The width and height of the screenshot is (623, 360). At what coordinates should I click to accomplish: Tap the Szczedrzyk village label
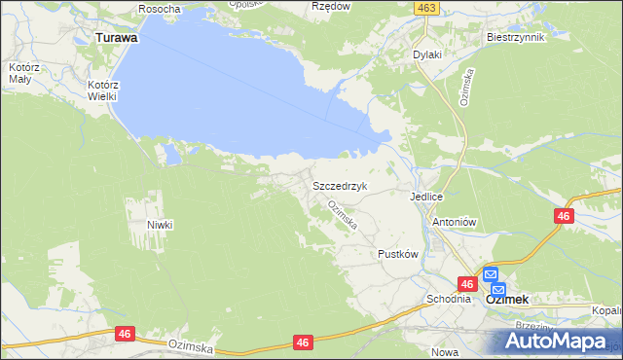[339, 185]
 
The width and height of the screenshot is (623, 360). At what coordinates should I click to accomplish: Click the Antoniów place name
[453, 222]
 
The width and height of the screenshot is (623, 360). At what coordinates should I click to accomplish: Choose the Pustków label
[397, 253]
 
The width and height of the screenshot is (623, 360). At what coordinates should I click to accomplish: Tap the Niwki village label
[160, 224]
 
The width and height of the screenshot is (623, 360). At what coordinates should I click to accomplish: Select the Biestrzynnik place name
[515, 37]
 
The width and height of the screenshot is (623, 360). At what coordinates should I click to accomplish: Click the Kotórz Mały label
[20, 74]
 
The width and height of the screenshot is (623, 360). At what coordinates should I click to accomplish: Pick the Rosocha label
[160, 9]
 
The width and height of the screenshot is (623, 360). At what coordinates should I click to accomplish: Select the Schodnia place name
[448, 299]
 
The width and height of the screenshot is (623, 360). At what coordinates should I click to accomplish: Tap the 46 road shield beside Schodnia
[468, 284]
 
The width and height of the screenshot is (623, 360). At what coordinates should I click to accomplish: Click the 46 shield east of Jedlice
[563, 216]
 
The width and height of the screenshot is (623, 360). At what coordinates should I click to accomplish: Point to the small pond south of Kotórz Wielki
[170, 153]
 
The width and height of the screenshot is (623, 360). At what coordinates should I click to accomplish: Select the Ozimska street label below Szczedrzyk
[343, 215]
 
